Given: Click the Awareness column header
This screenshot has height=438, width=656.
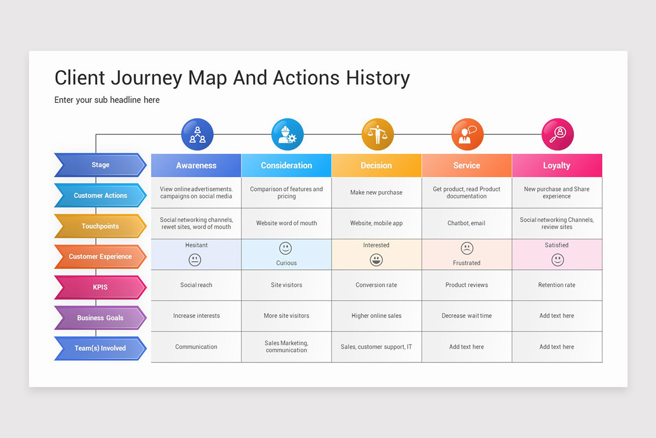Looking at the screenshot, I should click(196, 165).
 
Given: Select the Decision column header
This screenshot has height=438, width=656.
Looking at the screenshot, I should click(376, 165).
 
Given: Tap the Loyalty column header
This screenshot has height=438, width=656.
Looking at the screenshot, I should click(557, 165).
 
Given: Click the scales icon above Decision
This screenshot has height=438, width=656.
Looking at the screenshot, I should click(377, 135).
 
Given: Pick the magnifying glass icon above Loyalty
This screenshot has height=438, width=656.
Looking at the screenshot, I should click(558, 135).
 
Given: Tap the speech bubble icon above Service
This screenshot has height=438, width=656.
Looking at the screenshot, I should click(467, 135).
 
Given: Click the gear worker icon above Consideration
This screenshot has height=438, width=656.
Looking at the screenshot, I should click(287, 135).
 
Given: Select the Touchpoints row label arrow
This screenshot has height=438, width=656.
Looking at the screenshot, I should click(100, 226).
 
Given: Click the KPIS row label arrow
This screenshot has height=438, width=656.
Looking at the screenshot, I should click(100, 287).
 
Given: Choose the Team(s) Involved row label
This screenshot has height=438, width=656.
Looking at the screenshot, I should click(100, 348).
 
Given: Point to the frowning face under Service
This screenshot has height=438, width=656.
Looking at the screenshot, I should click(467, 249).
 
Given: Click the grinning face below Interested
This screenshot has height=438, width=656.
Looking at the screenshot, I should click(376, 260).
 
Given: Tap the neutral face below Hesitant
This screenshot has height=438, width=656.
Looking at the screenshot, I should click(195, 260).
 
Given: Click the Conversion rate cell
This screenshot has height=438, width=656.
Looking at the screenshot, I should click(376, 285).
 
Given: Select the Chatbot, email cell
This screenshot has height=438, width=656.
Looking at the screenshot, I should click(466, 223).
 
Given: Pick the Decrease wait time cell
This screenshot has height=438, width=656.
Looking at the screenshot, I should click(466, 316).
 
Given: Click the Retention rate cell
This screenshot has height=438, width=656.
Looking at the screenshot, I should click(557, 285).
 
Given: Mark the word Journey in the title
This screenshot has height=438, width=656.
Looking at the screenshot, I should click(146, 78).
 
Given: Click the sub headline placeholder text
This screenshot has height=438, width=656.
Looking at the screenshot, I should click(107, 100).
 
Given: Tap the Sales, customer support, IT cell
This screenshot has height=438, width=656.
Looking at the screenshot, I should click(376, 347).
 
